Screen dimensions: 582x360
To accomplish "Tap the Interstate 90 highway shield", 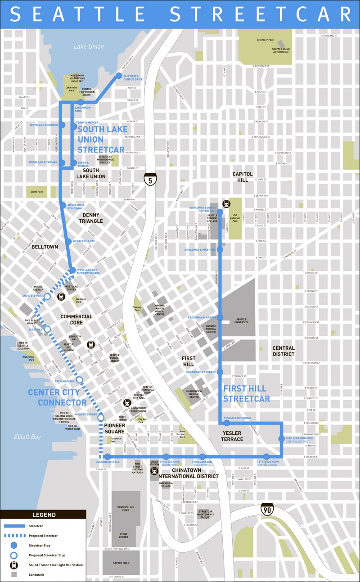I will pos(266,509).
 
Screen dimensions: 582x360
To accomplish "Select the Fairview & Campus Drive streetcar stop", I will pos(119,75).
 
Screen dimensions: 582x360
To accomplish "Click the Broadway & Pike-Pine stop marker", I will pos(220,249).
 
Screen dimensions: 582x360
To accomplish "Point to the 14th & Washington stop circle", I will pos(282,438).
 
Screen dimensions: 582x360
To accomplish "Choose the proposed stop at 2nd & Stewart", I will pos(47,297).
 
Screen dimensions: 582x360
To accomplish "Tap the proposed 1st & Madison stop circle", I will pos(79,380).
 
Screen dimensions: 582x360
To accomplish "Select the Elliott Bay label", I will pos(27,437).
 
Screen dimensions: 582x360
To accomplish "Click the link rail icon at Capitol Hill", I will pos(226,203).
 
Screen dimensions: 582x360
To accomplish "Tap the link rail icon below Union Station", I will pos(154,471).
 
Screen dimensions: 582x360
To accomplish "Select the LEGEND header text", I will pos(44,515).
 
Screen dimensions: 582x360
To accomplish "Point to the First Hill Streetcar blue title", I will pos(247,393).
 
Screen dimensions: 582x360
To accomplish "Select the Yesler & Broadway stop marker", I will pos(227,423).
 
